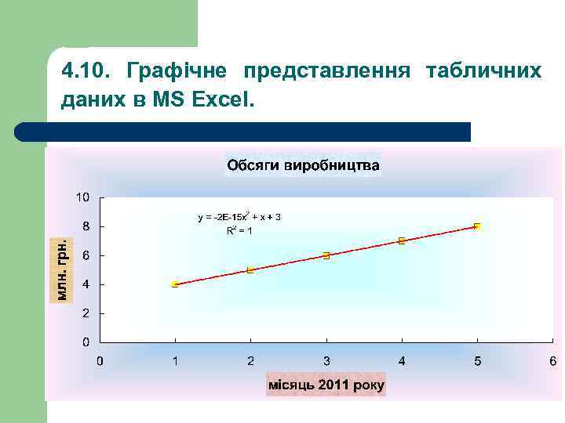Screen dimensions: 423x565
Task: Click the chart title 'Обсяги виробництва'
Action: click(303, 165)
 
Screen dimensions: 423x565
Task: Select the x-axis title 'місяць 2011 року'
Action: click(326, 385)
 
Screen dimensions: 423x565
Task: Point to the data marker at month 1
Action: click(175, 284)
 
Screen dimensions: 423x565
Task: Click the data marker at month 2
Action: click(250, 270)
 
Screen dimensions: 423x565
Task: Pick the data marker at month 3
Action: click(326, 255)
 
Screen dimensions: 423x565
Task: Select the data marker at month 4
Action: click(402, 240)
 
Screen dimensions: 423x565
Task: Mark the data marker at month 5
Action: click(477, 226)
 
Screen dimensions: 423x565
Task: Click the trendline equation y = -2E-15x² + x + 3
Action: click(239, 216)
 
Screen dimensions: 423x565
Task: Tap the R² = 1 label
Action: click(239, 230)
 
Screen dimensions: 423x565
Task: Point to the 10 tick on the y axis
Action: click(82, 196)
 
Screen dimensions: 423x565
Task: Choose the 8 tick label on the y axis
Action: click(86, 226)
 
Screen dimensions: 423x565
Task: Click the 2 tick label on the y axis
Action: click(86, 313)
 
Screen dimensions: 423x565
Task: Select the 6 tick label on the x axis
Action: click(552, 361)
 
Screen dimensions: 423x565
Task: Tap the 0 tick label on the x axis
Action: click(100, 361)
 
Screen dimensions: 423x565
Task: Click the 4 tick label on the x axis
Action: click(402, 361)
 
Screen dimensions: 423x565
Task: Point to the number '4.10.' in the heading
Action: click(84, 72)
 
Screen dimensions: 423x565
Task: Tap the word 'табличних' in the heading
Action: click(483, 72)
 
